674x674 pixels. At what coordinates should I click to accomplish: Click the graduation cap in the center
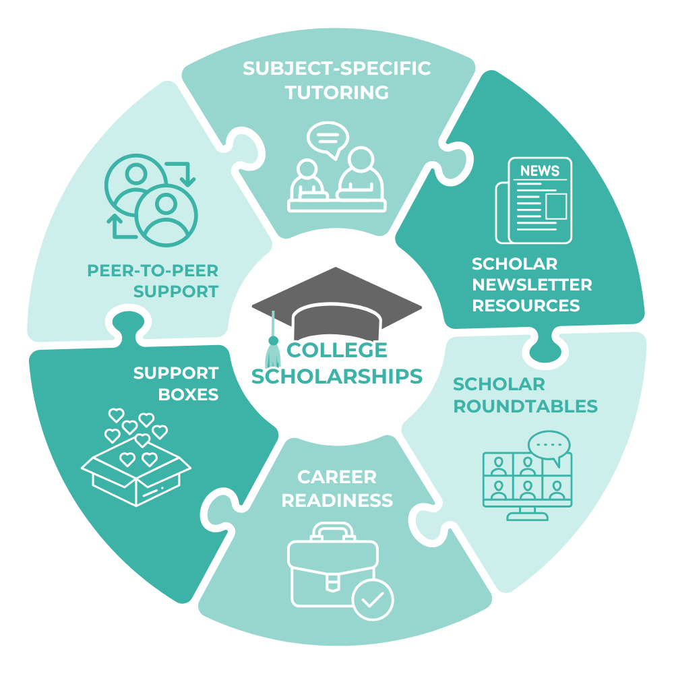coord(337,303)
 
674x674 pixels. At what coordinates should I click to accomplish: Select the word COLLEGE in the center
coord(337,350)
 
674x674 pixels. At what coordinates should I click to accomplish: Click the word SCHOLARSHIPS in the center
coord(337,375)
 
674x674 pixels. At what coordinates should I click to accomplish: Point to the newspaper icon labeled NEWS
coord(534,200)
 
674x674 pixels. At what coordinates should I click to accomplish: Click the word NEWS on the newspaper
coord(540,171)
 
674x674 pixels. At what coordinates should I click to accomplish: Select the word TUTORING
coord(337,92)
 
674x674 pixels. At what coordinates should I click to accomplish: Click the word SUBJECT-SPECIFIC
coord(337,69)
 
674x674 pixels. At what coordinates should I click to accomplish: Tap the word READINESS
coord(337,501)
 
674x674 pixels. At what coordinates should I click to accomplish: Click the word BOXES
coord(189,394)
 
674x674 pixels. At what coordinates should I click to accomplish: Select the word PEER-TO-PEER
coord(153,271)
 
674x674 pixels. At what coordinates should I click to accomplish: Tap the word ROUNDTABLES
coord(525,406)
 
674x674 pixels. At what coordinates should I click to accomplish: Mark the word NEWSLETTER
coord(532,284)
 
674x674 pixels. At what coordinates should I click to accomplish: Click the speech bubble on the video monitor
coord(549,446)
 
